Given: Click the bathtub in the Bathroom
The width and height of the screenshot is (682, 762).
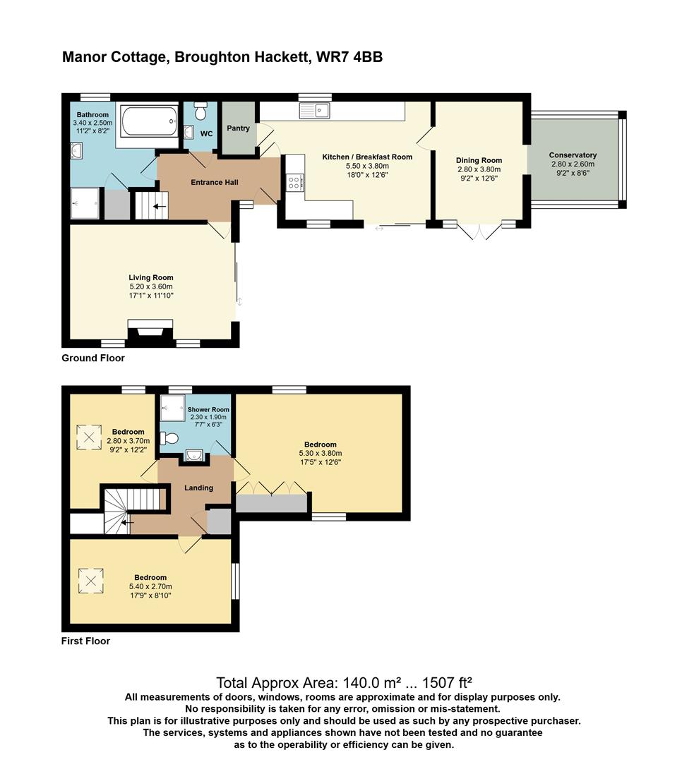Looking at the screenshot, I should [x=150, y=121].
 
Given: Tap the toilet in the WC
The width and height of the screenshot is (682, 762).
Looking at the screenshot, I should [x=201, y=112].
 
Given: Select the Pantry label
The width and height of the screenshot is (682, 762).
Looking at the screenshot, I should [x=238, y=128].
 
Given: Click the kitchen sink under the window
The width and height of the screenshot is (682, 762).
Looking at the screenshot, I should [x=314, y=110].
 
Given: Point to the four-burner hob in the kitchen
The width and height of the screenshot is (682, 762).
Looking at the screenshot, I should [x=294, y=183].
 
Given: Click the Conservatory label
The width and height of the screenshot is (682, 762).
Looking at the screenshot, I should [x=573, y=155].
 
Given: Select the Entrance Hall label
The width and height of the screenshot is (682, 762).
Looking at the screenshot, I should [x=215, y=183].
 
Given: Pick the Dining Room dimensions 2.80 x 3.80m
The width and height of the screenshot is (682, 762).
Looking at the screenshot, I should [x=479, y=169].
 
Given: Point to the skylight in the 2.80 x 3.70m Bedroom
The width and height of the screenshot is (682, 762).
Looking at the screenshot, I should [x=89, y=437].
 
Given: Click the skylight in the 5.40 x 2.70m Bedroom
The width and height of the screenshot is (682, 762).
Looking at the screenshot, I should [x=91, y=582].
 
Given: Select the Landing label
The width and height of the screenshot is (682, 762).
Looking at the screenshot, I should [x=198, y=488].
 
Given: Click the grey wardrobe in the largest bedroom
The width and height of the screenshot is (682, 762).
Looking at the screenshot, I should [x=272, y=503].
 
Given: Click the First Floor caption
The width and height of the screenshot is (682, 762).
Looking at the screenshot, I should [x=85, y=641].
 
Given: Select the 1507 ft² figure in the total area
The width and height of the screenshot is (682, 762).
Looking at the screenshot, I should [x=443, y=683].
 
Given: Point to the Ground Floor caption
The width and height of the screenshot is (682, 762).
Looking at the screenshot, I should [x=93, y=358].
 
